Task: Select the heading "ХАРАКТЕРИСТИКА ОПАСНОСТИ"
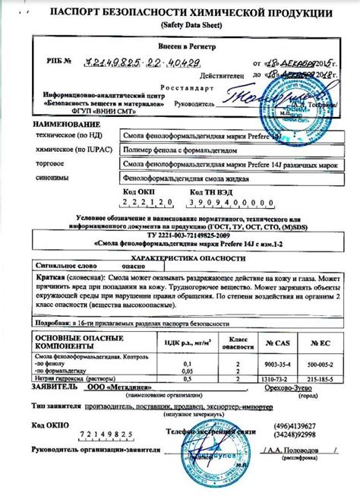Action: tap(180, 257)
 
